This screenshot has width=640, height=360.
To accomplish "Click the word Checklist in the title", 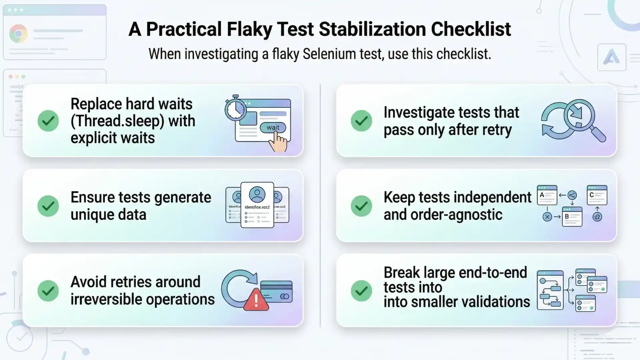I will coord(471,29).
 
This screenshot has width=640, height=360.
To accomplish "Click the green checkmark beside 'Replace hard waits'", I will coord(48,121).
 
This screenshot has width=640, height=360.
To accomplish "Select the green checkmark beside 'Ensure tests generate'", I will coord(48,206).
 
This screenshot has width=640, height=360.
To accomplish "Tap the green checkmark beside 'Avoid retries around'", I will coord(48,291).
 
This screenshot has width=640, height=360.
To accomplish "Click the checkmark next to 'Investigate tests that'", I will coord(361,121).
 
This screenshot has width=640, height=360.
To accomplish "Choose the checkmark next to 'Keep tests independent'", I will coord(361,206).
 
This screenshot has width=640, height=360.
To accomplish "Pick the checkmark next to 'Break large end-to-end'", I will coord(361,291).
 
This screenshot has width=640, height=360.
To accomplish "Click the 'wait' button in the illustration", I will coord(273,127).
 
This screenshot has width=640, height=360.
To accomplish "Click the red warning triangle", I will coord(256,300).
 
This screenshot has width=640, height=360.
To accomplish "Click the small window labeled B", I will coord(572,217).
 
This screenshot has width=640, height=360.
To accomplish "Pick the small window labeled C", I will coord(597,195).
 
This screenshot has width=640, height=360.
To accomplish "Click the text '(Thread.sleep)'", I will coord(117,121).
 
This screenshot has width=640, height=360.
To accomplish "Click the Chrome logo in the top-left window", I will coord(18,34).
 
